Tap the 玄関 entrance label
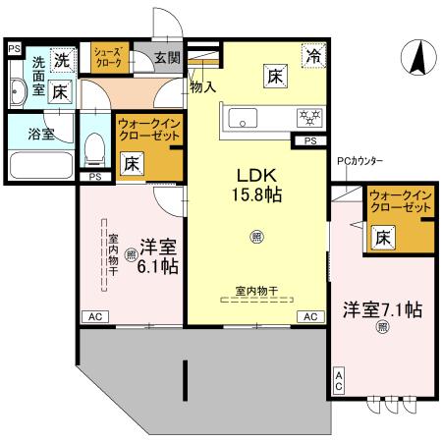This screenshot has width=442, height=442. pyautogui.click(x=167, y=58)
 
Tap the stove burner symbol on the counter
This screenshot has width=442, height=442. pyautogui.click(x=310, y=118)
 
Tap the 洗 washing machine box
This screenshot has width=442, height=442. pyautogui.click(x=61, y=59)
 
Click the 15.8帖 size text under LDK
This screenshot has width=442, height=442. pyautogui.click(x=257, y=193)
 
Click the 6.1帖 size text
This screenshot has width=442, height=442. pyautogui.click(x=156, y=266)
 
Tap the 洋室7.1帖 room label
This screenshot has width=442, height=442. pyautogui.click(x=382, y=310)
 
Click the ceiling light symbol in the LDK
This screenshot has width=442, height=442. pyautogui.click(x=257, y=236)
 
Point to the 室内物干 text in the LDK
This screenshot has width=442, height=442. pyautogui.click(x=256, y=291)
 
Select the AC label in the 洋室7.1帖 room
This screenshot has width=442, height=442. pyautogui.click(x=340, y=381)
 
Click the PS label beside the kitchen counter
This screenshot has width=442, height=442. pyautogui.click(x=310, y=142)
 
